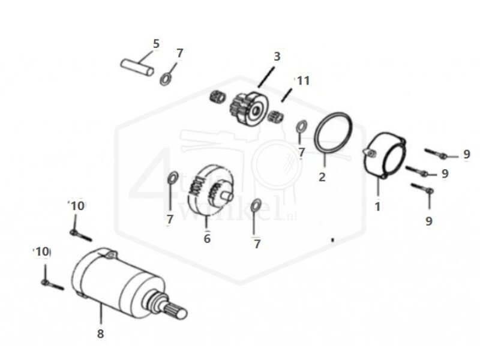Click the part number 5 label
click(x=156, y=44)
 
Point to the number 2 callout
click(x=322, y=177)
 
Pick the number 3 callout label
click(x=277, y=57)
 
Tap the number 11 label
click(x=302, y=80)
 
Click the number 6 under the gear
click(x=207, y=238)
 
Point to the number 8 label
click(x=101, y=332)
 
